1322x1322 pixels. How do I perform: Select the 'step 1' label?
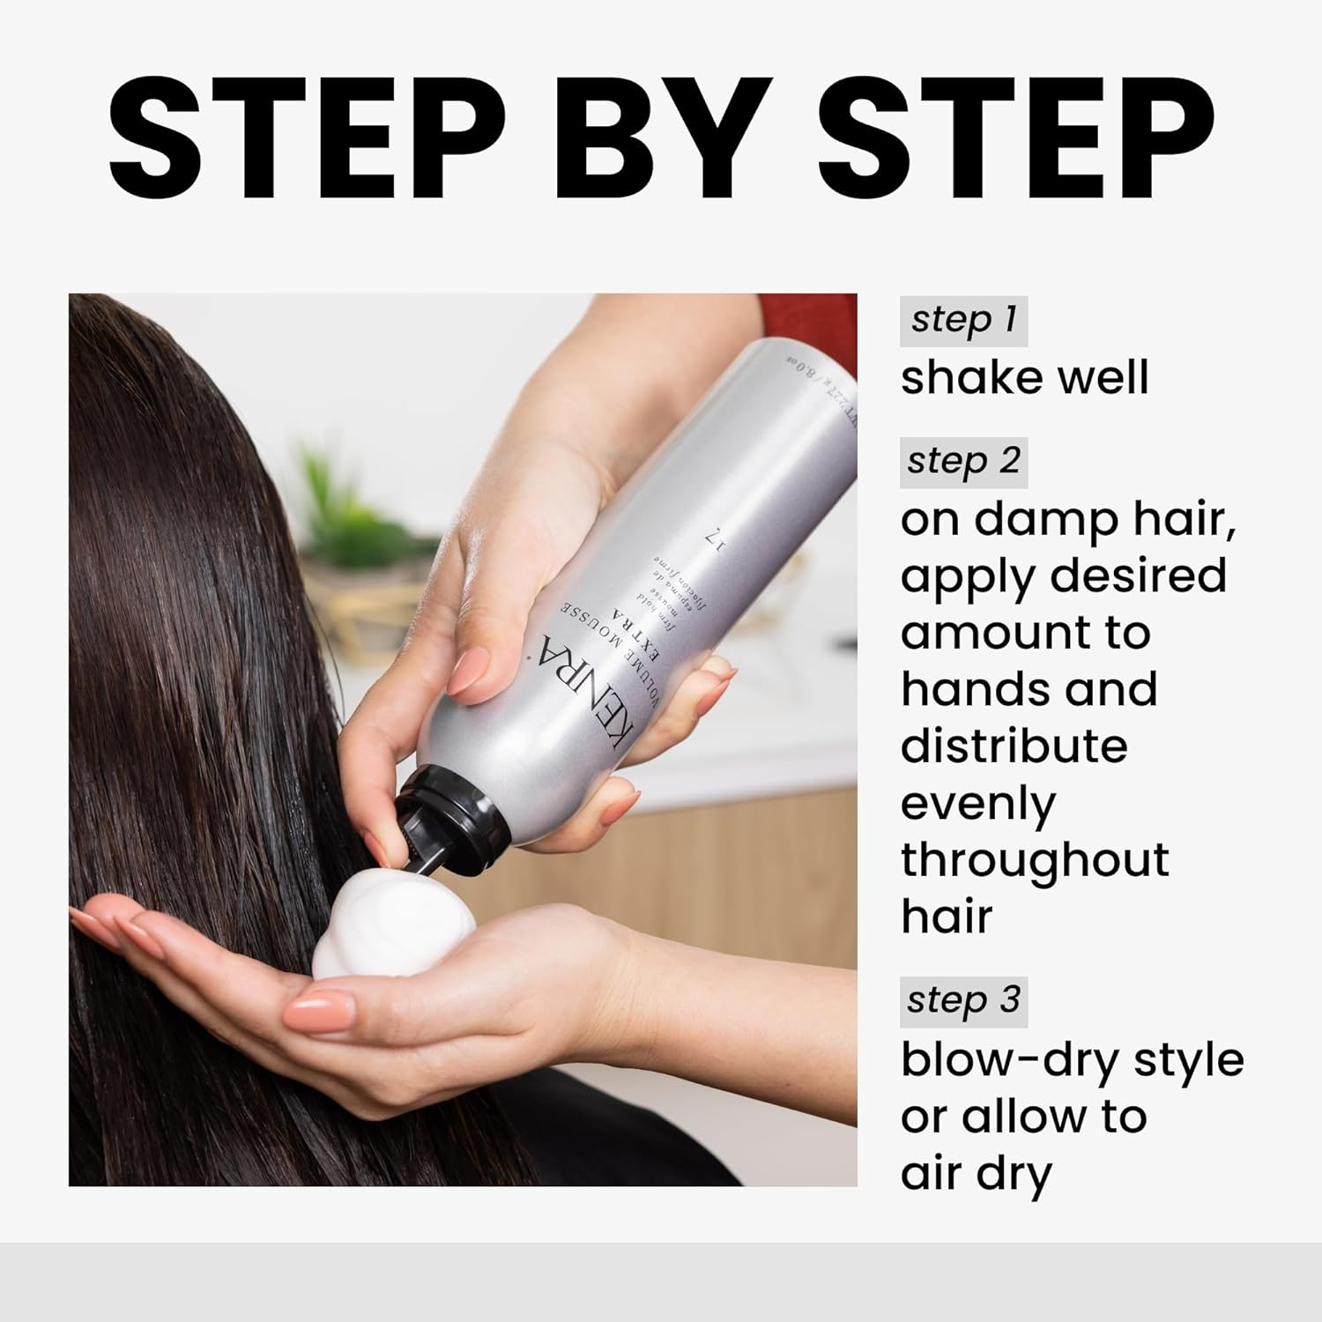point(963,320)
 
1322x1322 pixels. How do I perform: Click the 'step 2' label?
point(963,462)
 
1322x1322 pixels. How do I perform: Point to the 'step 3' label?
point(963,1001)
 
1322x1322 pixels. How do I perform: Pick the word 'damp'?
point(1045,520)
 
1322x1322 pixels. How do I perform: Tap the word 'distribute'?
point(1014,746)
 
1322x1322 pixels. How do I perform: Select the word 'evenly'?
point(977,804)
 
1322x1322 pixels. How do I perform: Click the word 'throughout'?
point(1034,860)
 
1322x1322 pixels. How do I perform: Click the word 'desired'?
point(1138,576)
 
